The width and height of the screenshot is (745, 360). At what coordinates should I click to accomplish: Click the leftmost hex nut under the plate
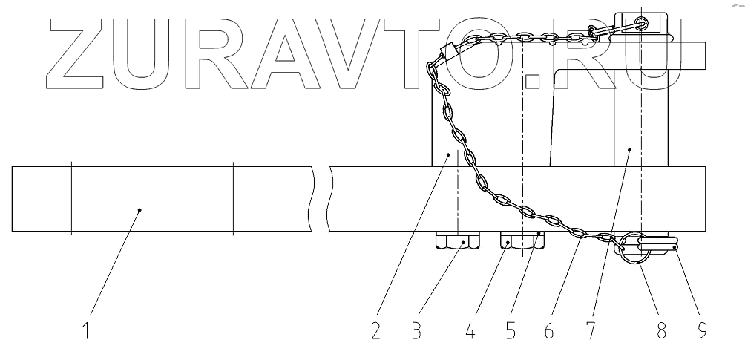click(x=458, y=242)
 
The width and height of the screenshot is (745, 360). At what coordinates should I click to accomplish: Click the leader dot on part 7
click(x=629, y=150)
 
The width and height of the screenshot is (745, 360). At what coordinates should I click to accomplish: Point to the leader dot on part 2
click(x=448, y=153)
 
